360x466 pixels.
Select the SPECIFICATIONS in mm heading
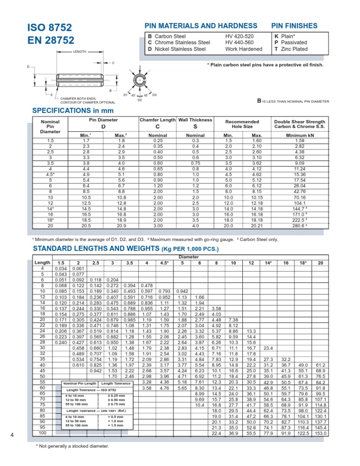point(73,111)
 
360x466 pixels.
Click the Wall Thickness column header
point(195,120)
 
